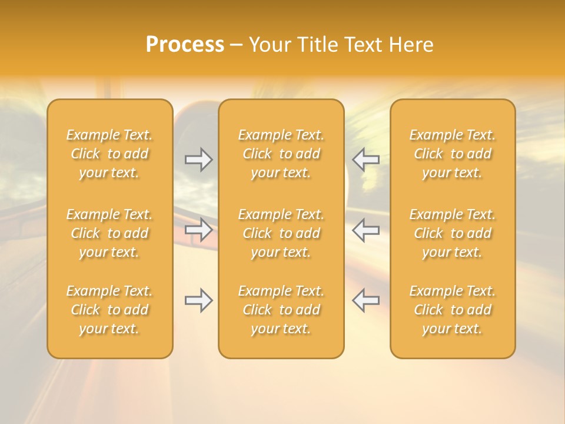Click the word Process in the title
(185, 45)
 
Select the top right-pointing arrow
(199, 160)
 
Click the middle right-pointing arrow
(199, 230)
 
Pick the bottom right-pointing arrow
(199, 300)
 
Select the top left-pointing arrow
(366, 160)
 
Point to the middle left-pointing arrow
(366, 230)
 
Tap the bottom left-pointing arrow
(366, 300)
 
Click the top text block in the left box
(109, 154)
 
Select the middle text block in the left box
(109, 233)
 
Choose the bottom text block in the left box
(109, 310)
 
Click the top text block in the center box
(281, 154)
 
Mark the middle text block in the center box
(281, 233)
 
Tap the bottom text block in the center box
(281, 310)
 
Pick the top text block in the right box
(453, 154)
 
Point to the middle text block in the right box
(453, 233)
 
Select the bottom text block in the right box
(453, 310)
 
